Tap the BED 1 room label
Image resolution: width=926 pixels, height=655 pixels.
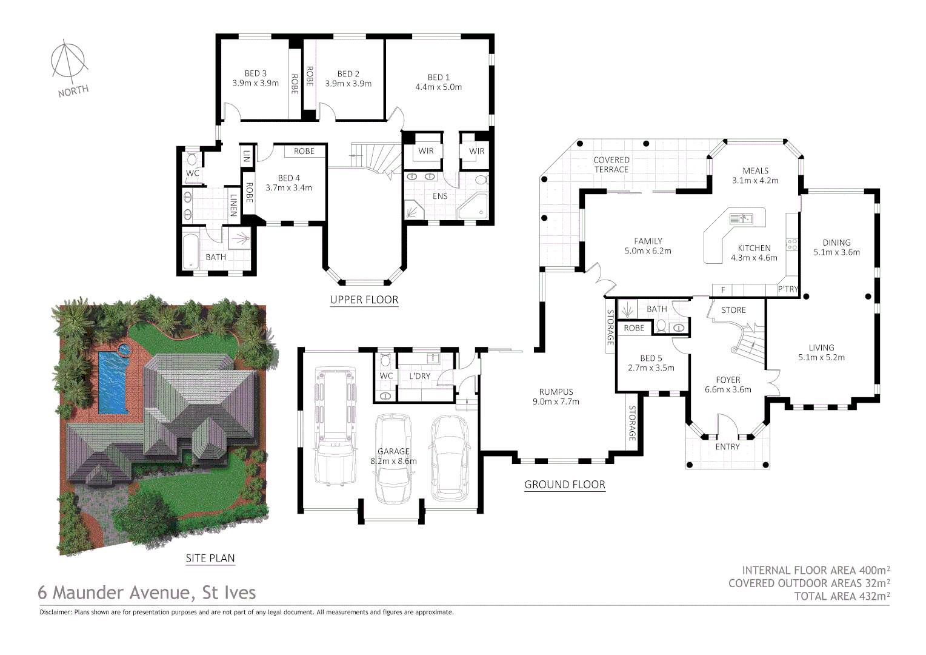(x=438, y=77)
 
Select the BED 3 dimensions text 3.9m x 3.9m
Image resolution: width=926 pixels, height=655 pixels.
(x=255, y=83)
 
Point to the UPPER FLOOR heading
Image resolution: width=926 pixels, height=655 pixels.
(x=364, y=300)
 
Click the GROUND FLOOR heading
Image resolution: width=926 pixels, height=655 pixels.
(x=564, y=485)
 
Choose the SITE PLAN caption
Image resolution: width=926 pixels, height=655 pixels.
(x=210, y=558)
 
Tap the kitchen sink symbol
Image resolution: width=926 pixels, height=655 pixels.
(x=741, y=218)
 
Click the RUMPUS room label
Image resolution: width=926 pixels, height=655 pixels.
(x=556, y=392)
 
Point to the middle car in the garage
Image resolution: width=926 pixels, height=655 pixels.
(x=393, y=458)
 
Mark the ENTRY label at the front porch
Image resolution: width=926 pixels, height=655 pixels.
(x=727, y=447)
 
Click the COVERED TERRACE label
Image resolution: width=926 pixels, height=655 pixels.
(x=611, y=165)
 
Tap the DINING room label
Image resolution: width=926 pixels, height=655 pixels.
(x=836, y=243)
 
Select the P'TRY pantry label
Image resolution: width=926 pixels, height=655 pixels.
(x=788, y=289)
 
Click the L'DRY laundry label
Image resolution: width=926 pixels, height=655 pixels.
(x=419, y=376)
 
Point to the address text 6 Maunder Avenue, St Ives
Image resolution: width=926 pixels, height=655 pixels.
(x=147, y=593)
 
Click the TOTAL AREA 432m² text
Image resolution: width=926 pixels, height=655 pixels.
(x=842, y=596)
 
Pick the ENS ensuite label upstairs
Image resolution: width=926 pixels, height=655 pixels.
(x=440, y=196)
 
